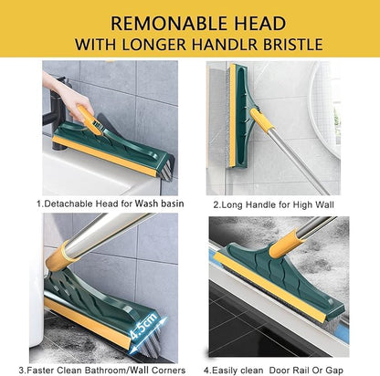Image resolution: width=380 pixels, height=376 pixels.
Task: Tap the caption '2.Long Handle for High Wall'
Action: tap(272, 204)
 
